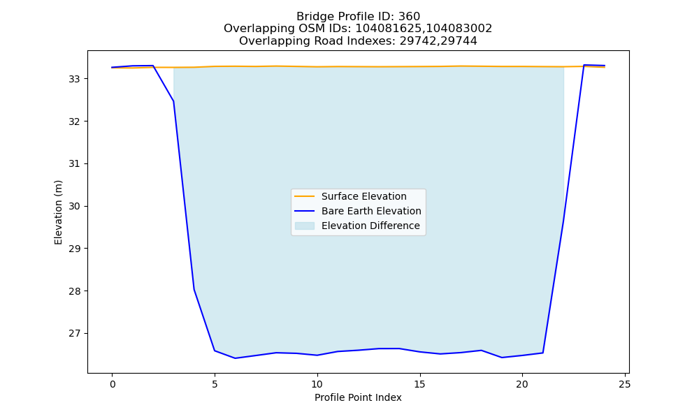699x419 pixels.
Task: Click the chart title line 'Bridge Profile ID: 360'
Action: coord(358,17)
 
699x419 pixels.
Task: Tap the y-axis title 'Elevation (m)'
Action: coord(58,212)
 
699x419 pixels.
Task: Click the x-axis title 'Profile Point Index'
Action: coord(358,397)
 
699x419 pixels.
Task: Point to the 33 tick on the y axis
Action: coord(74,79)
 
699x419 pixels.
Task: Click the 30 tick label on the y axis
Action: coord(74,206)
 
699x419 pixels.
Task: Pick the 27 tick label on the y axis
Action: coord(74,334)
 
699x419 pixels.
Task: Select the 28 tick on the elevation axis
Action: coord(74,291)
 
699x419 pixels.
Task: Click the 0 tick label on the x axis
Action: coord(113,384)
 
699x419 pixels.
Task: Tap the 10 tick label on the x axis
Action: coord(317,384)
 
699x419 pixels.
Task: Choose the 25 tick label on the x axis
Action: coord(625,384)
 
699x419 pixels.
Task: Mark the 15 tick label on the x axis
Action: coord(419,384)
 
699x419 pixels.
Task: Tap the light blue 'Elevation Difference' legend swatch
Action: coord(305,226)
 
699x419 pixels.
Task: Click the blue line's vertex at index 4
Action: coord(194,289)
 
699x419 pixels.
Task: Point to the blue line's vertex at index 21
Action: coord(542,353)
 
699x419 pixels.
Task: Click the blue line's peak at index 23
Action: coord(584,65)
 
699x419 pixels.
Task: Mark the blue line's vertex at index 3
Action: coord(173,101)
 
